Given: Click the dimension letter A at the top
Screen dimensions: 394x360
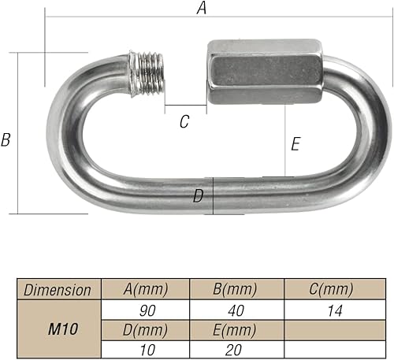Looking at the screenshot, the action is pos(202,8).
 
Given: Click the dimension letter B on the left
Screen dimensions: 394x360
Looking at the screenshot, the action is pos(6,139).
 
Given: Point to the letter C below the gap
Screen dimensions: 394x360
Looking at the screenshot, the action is pos(184,121).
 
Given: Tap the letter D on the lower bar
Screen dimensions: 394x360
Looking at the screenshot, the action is pos(198,196).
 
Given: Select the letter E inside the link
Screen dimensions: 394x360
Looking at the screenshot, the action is pos(295,144).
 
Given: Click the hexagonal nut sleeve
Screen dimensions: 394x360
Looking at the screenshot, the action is pos(266,72).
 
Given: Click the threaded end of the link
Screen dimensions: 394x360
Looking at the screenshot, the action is pos(147,74).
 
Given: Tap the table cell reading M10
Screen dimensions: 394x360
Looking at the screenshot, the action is pos(63,328).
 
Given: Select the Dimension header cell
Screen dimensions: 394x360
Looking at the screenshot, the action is pos(58,290).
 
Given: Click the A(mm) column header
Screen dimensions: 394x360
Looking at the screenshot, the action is pos(146,289).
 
